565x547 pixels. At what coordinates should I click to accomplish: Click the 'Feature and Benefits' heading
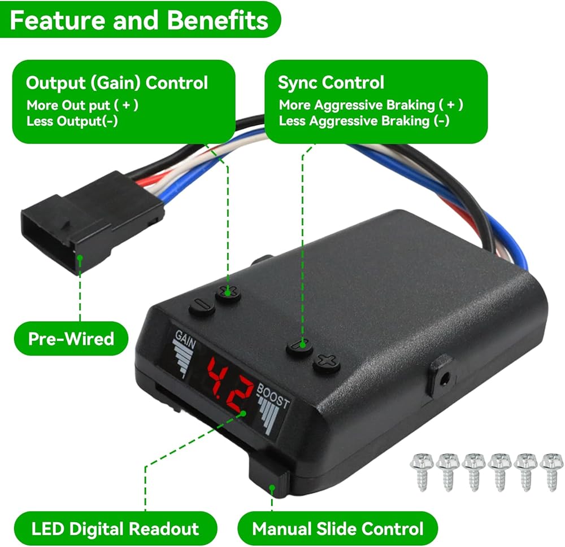pos(139,20)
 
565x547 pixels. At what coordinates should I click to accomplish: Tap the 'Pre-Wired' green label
pos(71,339)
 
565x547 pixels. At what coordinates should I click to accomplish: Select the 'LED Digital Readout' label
pos(115,528)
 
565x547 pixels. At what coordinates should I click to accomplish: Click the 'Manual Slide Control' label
pos(338,528)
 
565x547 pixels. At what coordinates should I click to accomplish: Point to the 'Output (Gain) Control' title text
pos(117,82)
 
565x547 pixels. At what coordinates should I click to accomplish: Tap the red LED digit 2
pos(240,396)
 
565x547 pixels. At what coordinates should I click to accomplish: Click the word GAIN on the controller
pos(185,339)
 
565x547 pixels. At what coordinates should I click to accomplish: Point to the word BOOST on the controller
pos(273,396)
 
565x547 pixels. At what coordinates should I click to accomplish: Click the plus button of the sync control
pos(327,362)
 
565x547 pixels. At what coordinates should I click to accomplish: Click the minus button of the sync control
pos(300,347)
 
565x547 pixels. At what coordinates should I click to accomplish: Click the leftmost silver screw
pos(421,471)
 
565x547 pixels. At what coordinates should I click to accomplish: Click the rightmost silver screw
pos(551,471)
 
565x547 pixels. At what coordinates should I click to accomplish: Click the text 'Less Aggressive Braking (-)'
pos(364,121)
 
